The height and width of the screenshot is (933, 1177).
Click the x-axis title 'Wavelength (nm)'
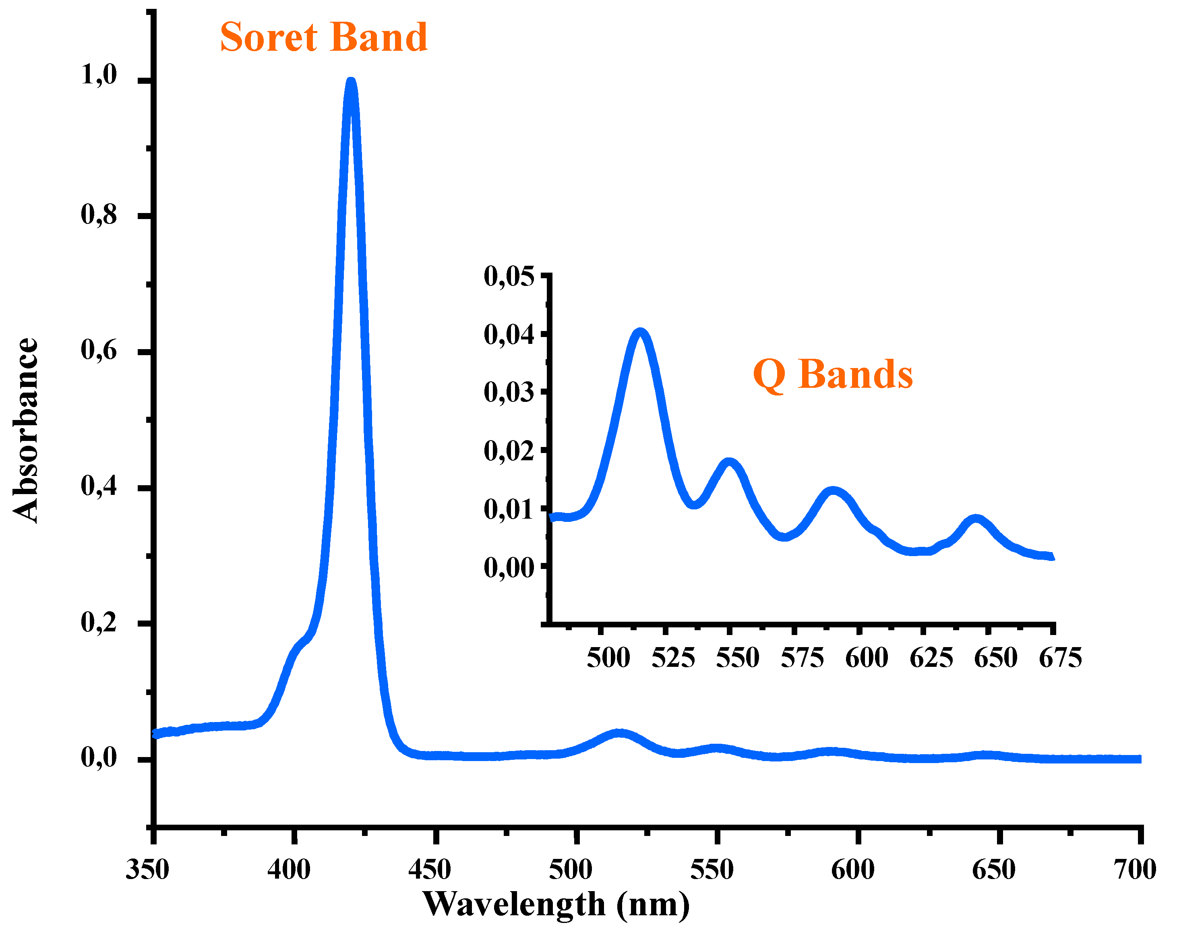tap(556, 905)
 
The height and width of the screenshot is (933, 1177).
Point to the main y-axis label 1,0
tap(99, 75)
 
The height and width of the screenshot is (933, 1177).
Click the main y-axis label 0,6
tap(99, 350)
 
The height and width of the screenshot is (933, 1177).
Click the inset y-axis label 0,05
tap(509, 276)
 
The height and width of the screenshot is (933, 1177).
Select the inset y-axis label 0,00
tap(509, 568)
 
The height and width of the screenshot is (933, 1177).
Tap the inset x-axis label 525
tap(673, 658)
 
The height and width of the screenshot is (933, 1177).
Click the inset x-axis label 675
tap(1060, 658)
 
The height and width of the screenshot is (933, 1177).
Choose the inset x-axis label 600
tap(867, 658)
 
